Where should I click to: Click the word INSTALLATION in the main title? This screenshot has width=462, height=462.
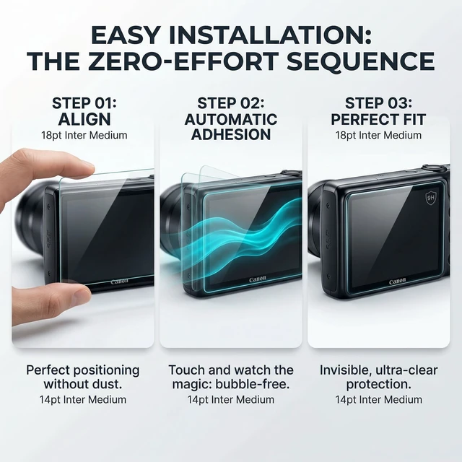coord(270,35)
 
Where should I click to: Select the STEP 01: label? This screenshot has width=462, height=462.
coord(84,103)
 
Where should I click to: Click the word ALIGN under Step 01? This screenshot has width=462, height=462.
coord(84,119)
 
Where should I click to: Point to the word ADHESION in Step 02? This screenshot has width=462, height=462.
coord(231,134)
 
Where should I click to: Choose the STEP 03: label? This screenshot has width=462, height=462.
coord(378,103)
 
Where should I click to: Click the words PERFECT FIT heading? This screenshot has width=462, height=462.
coord(378,119)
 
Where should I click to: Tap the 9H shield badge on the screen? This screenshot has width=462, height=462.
coord(431,198)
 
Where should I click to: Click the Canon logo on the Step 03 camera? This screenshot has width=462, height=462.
coord(398,282)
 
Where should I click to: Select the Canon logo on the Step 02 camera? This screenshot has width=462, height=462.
coord(257,279)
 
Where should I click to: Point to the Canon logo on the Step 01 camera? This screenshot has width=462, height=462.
coord(119,282)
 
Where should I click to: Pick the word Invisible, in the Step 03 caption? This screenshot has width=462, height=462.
coord(346,370)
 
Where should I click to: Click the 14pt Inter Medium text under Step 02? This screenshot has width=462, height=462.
coord(231,399)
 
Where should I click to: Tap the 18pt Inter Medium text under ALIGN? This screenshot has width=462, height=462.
coord(84,135)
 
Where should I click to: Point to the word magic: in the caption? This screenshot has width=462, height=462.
coord(192,385)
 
